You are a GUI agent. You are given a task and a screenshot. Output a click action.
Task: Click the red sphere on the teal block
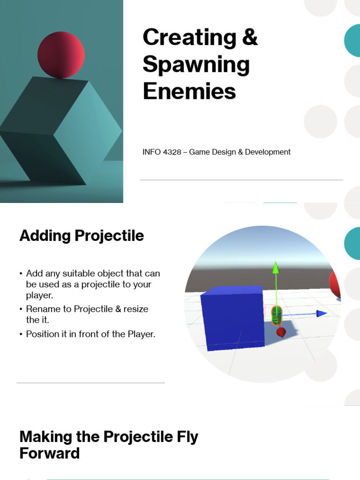[61, 55]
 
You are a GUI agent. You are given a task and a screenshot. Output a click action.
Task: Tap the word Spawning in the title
[196, 65]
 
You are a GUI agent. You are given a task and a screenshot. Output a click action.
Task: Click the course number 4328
[172, 152]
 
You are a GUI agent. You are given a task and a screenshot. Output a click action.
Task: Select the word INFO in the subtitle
[151, 152]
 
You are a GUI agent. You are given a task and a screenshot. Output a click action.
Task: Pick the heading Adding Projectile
[82, 236]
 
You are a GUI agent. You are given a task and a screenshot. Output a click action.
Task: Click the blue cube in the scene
[232, 318]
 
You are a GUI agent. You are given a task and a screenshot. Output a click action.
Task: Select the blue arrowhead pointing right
[321, 313]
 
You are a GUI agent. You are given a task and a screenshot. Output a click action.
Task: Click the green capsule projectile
[277, 315]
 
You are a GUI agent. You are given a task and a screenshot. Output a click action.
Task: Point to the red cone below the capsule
[281, 332]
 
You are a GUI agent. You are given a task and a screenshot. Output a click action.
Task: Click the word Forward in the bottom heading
[50, 453]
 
